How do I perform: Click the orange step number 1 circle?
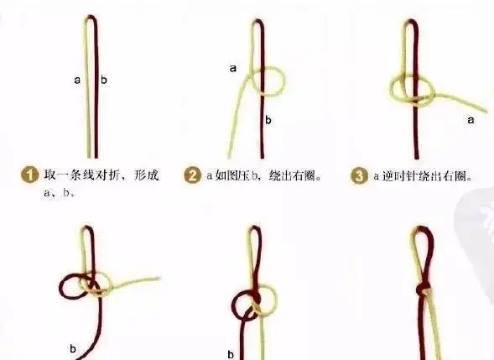pyautogui.click(x=29, y=176)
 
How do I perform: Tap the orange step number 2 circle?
pyautogui.click(x=193, y=176)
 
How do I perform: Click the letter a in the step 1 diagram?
pyautogui.click(x=77, y=81)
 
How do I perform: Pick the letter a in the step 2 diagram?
pyautogui.click(x=232, y=68)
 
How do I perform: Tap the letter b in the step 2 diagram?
pyautogui.click(x=268, y=121)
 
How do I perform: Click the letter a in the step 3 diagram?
pyautogui.click(x=471, y=120)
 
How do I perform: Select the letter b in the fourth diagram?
pyautogui.click(x=73, y=346)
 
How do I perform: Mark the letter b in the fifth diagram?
pyautogui.click(x=231, y=353)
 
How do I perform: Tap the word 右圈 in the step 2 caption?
pyautogui.click(x=307, y=176)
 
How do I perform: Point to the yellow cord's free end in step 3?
pyautogui.click(x=485, y=109)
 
